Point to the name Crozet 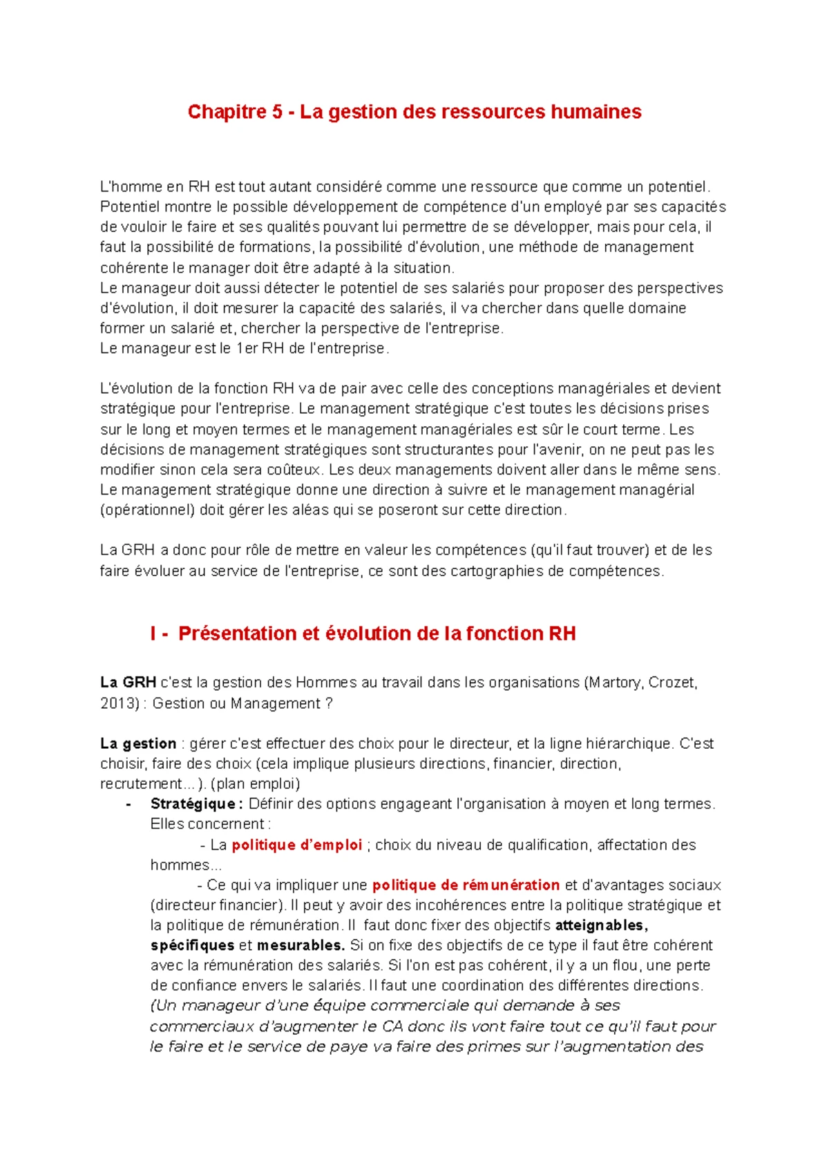(x=671, y=683)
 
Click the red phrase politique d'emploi (x=296, y=845)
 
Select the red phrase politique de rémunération (x=466, y=885)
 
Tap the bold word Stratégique (x=193, y=804)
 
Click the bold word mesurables (x=301, y=945)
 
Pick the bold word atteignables (x=600, y=925)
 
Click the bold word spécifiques (x=192, y=945)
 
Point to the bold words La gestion (x=138, y=744)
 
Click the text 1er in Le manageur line (x=247, y=348)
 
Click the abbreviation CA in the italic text (x=392, y=1026)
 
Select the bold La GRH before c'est (x=128, y=683)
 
